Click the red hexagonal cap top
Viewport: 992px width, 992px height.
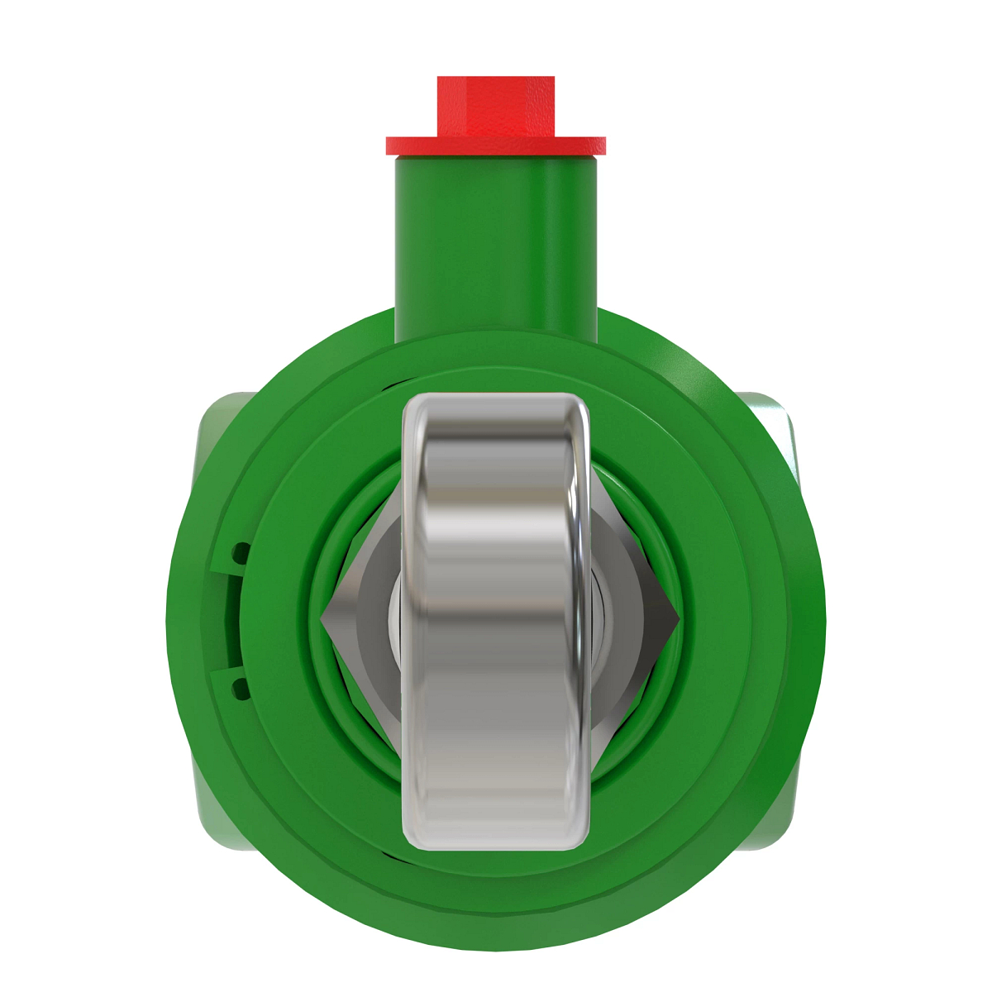coord(495,105)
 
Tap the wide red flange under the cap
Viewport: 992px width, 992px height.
coord(495,145)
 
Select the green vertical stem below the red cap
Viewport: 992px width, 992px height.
coord(495,248)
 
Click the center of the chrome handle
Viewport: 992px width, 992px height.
coord(496,620)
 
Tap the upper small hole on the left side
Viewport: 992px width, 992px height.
coord(241,551)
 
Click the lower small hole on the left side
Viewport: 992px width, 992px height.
coord(241,685)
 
